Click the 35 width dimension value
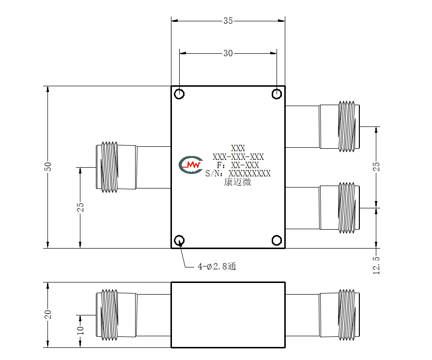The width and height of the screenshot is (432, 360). point(228,21)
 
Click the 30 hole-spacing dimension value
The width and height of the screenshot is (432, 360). point(228,53)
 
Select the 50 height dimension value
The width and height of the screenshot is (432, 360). point(47,167)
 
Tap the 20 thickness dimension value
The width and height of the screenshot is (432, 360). point(47,314)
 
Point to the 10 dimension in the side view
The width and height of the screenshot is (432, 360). point(80,330)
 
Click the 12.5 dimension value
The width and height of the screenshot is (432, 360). point(376,265)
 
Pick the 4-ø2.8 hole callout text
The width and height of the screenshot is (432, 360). point(217,266)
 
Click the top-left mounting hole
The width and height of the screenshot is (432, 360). point(179,94)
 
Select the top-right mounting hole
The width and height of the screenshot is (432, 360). point(277,94)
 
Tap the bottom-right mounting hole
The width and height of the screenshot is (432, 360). point(277,240)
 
